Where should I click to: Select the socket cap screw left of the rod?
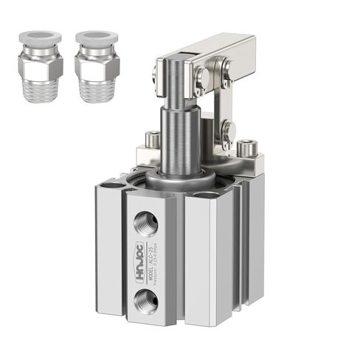152,138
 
